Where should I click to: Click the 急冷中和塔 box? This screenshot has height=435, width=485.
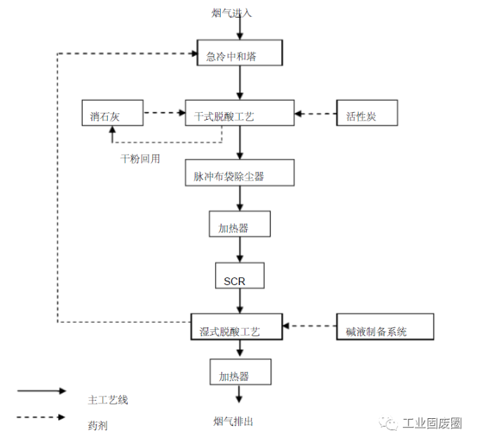pos(239,54)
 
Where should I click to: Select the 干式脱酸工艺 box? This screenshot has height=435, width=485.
pos(239,114)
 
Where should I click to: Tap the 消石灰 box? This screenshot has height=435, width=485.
pos(112,114)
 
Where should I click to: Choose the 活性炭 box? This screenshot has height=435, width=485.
pos(367,114)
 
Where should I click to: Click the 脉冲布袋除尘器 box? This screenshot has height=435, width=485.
pos(239,174)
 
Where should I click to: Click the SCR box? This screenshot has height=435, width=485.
pos(240,276)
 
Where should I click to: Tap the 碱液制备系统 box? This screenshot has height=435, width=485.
pos(385,328)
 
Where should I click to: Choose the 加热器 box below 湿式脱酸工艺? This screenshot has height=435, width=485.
pos(239,373)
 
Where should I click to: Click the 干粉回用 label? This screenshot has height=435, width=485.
pos(140,159)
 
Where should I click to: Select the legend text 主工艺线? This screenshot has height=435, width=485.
pos(108,400)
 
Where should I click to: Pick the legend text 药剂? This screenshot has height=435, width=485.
pos(97,424)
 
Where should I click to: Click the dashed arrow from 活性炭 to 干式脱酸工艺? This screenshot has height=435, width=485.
pos(315,113)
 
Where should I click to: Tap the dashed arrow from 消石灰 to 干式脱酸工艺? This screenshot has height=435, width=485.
pos(164,113)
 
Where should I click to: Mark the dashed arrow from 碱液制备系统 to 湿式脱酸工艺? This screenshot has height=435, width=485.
pos(309,326)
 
